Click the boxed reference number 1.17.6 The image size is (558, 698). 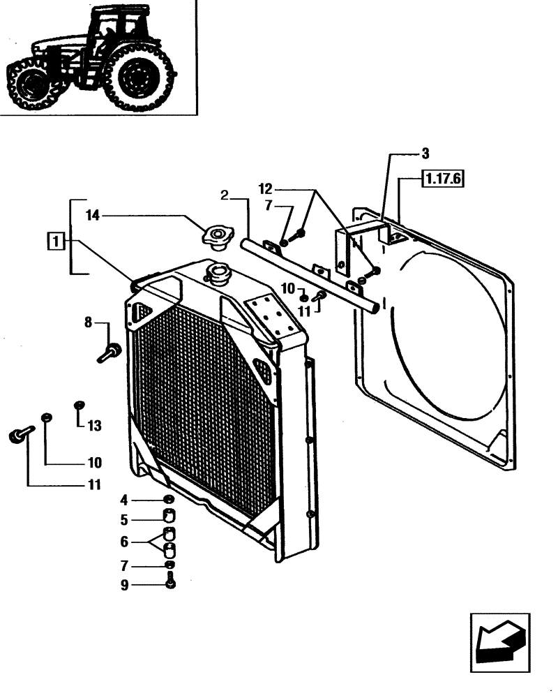tap(442, 179)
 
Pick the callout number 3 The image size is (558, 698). tap(425, 153)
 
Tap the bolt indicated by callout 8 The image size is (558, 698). tap(110, 351)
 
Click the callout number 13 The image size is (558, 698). tap(94, 426)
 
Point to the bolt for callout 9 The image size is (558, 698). tap(169, 579)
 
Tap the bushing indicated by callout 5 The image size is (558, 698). tap(169, 517)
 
